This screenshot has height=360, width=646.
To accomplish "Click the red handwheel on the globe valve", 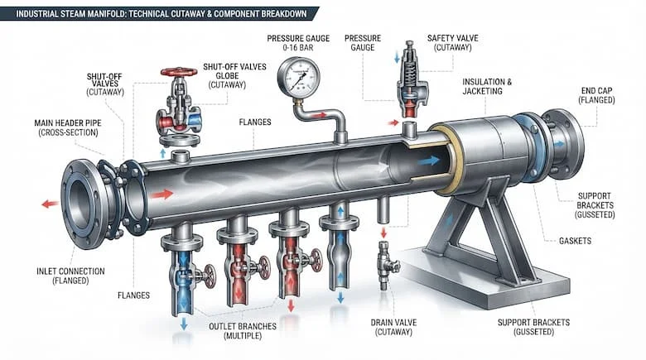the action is click(x=179, y=72).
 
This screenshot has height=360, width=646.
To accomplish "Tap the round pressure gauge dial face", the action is click(x=299, y=76).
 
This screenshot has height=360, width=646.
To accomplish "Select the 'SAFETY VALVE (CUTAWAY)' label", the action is click(x=453, y=43).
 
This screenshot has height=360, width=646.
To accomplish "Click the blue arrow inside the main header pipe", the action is click(x=429, y=161).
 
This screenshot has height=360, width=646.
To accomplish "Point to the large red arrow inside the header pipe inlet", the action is click(x=161, y=194).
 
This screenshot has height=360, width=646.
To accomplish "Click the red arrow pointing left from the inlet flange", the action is click(x=51, y=204).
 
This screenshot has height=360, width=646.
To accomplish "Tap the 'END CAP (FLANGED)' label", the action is click(x=596, y=95).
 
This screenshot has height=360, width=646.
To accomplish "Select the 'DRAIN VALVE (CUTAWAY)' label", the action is click(x=394, y=327).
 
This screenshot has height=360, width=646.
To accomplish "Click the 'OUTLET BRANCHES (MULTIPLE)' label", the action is click(x=242, y=331).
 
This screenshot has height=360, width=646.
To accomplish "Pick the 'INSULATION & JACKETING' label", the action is click(x=486, y=87).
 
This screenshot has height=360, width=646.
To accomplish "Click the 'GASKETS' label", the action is click(x=575, y=241).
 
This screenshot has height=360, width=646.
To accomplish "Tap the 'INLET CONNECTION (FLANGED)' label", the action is click(x=70, y=276).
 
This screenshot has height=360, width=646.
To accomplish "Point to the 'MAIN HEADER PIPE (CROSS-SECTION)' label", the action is click(x=68, y=127).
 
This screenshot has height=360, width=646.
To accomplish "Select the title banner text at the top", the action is click(x=161, y=13).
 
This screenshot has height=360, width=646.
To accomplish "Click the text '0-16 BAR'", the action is click(x=298, y=48).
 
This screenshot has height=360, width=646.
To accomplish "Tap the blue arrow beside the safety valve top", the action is click(x=397, y=58).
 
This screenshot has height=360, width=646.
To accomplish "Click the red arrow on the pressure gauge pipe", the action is click(x=320, y=116).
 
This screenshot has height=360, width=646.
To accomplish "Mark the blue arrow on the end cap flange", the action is click(x=559, y=144).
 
